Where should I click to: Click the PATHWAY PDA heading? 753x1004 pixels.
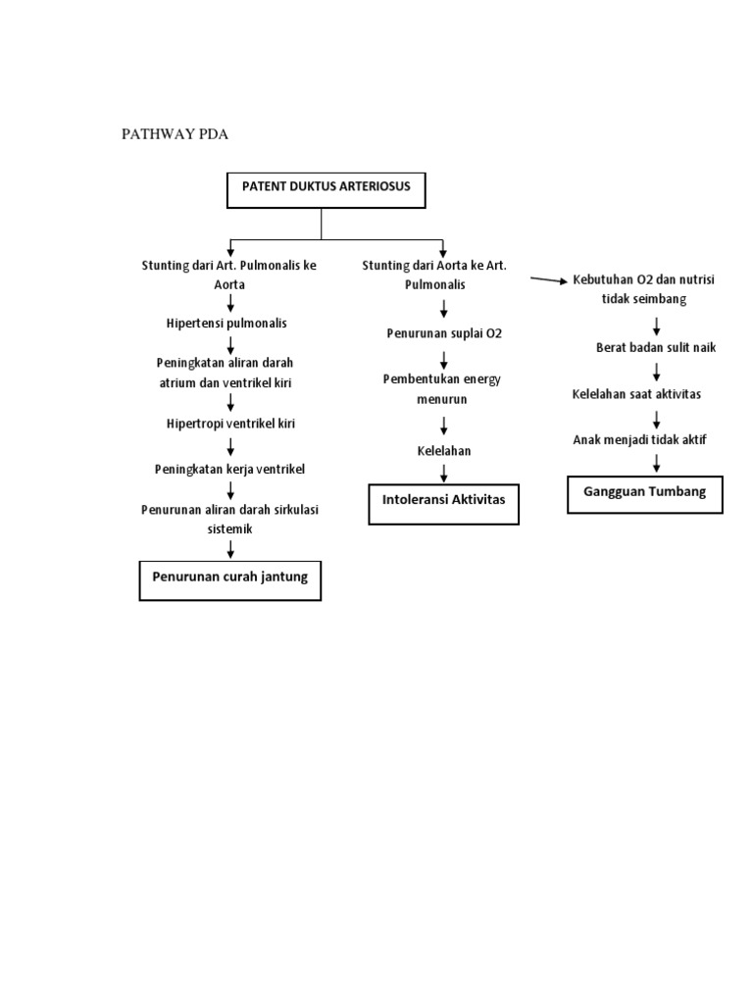point(175,135)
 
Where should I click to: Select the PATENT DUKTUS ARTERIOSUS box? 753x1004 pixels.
point(326,189)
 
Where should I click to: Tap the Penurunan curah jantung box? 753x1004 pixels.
point(229,577)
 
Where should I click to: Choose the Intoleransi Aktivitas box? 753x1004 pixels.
point(443,502)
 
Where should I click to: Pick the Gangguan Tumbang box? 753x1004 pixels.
point(644,492)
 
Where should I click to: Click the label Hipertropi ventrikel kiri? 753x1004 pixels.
point(230,424)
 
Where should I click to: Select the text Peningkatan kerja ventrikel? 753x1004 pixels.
point(230,469)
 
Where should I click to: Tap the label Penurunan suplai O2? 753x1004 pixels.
point(444,333)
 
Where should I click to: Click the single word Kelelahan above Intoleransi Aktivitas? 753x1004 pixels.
point(443,451)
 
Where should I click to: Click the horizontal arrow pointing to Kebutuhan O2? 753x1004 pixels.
point(550,280)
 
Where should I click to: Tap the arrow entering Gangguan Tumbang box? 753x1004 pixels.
point(656,463)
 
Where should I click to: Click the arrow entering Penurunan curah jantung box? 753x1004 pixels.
point(230,549)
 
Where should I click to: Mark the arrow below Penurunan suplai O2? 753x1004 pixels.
point(444,358)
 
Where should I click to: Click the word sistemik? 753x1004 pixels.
point(230,528)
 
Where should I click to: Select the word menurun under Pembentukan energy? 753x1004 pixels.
point(443,399)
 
